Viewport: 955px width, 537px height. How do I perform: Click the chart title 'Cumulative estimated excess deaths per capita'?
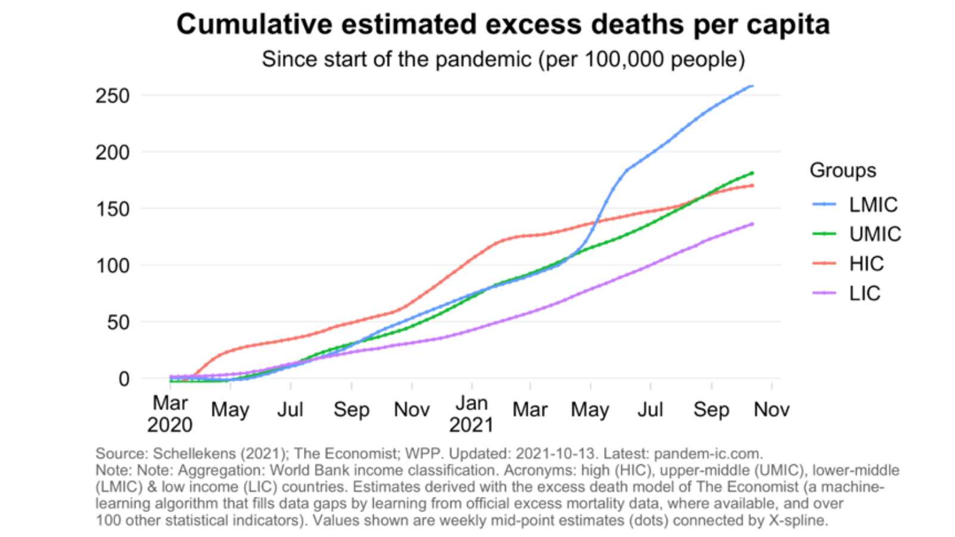click(503, 25)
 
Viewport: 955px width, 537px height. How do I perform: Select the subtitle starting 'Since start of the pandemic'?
click(503, 60)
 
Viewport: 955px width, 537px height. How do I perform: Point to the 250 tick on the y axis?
click(112, 95)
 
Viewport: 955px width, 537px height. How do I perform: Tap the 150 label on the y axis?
click(112, 209)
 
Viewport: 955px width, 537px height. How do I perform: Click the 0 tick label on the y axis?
click(124, 378)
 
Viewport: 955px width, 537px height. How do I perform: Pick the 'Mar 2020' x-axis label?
click(170, 413)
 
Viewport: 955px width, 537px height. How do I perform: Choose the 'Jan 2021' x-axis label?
click(472, 413)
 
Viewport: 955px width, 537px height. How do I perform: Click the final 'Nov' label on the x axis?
click(771, 409)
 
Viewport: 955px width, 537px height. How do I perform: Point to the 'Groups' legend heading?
click(842, 170)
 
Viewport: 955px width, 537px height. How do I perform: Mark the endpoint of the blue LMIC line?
click(752, 86)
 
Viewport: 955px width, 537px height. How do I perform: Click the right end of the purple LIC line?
click(752, 224)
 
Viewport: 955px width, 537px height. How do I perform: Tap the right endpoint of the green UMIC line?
click(752, 173)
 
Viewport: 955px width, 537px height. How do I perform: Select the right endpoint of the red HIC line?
click(752, 186)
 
